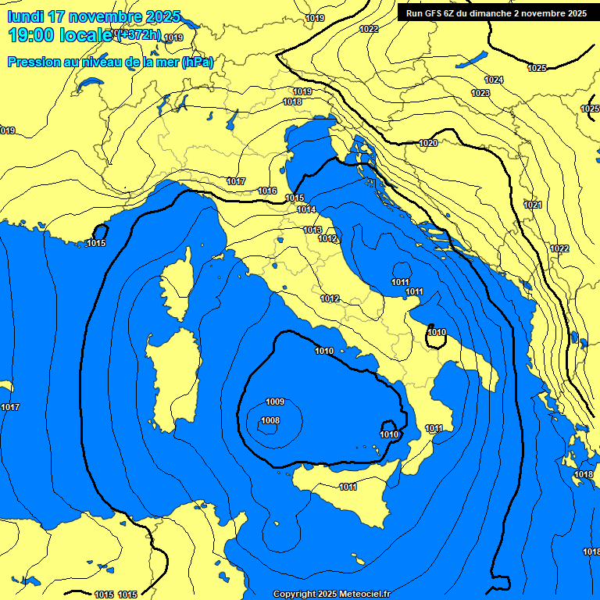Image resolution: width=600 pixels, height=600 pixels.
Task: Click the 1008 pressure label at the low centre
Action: [270, 420]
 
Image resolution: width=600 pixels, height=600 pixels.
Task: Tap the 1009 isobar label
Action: [275, 402]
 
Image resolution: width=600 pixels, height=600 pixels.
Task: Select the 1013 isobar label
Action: [312, 230]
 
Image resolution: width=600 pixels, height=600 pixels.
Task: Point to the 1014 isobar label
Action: [306, 209]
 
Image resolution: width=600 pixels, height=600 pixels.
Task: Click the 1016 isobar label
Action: [267, 191]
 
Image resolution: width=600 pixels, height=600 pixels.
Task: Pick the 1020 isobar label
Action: [428, 143]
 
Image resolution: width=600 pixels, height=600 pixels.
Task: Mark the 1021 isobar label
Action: [533, 205]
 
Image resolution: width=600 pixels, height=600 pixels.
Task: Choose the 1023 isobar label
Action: [480, 93]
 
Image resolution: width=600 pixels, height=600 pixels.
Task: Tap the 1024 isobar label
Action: [494, 80]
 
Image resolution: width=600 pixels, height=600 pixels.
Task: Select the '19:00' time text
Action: [30, 35]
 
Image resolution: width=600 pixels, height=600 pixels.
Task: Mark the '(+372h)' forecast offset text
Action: [138, 35]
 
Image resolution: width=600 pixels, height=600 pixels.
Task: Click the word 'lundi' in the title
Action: [25, 16]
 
